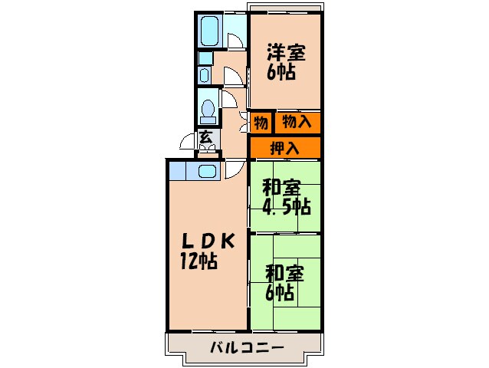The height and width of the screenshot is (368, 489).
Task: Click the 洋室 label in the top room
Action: (x=286, y=53)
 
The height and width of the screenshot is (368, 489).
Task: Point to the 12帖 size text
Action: (x=199, y=261)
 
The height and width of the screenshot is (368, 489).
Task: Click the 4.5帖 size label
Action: (x=286, y=206)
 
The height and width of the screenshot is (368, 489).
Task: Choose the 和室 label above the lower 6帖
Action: (x=285, y=271)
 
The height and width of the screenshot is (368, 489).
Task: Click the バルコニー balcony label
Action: (x=247, y=348)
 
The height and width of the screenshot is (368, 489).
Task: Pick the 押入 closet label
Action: (x=284, y=147)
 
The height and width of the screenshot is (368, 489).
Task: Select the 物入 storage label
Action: (x=297, y=121)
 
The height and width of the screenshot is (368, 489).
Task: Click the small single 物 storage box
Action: (x=261, y=122)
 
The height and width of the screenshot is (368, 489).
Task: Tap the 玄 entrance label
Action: (x=205, y=138)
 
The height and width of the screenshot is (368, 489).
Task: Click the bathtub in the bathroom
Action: (x=210, y=31)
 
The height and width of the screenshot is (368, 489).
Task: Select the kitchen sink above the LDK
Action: (x=206, y=171)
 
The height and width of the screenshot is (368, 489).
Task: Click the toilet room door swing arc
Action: (x=228, y=98)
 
